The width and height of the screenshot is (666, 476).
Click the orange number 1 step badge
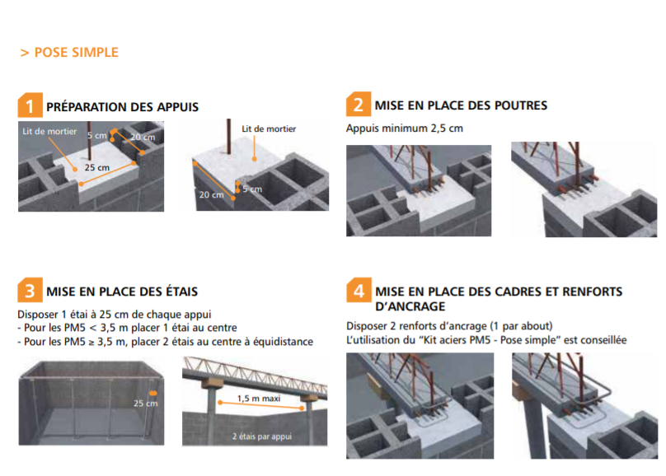pyautogui.click(x=30, y=105)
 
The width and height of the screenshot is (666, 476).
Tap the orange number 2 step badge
pyautogui.click(x=359, y=104)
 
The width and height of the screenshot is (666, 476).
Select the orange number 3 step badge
pyautogui.click(x=30, y=290)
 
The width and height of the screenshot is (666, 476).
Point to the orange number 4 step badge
pyautogui.click(x=359, y=290)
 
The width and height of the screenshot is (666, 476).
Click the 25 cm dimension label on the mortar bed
pyautogui.click(x=96, y=167)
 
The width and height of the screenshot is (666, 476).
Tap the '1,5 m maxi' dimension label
pyautogui.click(x=259, y=399)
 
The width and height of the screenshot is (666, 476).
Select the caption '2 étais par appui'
pyautogui.click(x=261, y=436)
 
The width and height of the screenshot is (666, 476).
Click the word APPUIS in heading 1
pyautogui.click(x=177, y=107)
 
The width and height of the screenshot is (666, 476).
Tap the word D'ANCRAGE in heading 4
pyautogui.click(x=410, y=306)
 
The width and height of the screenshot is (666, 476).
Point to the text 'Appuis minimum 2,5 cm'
pyautogui.click(x=405, y=128)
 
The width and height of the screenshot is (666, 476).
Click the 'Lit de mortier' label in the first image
pyautogui.click(x=49, y=132)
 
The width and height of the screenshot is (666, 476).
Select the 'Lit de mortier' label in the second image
pyautogui.click(x=269, y=128)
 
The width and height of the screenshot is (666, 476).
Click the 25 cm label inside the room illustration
pyautogui.click(x=146, y=404)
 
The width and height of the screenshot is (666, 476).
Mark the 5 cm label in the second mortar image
pyautogui.click(x=252, y=189)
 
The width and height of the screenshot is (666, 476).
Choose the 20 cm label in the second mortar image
pyautogui.click(x=212, y=194)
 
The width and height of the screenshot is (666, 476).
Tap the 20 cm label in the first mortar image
pyautogui.click(x=143, y=137)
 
